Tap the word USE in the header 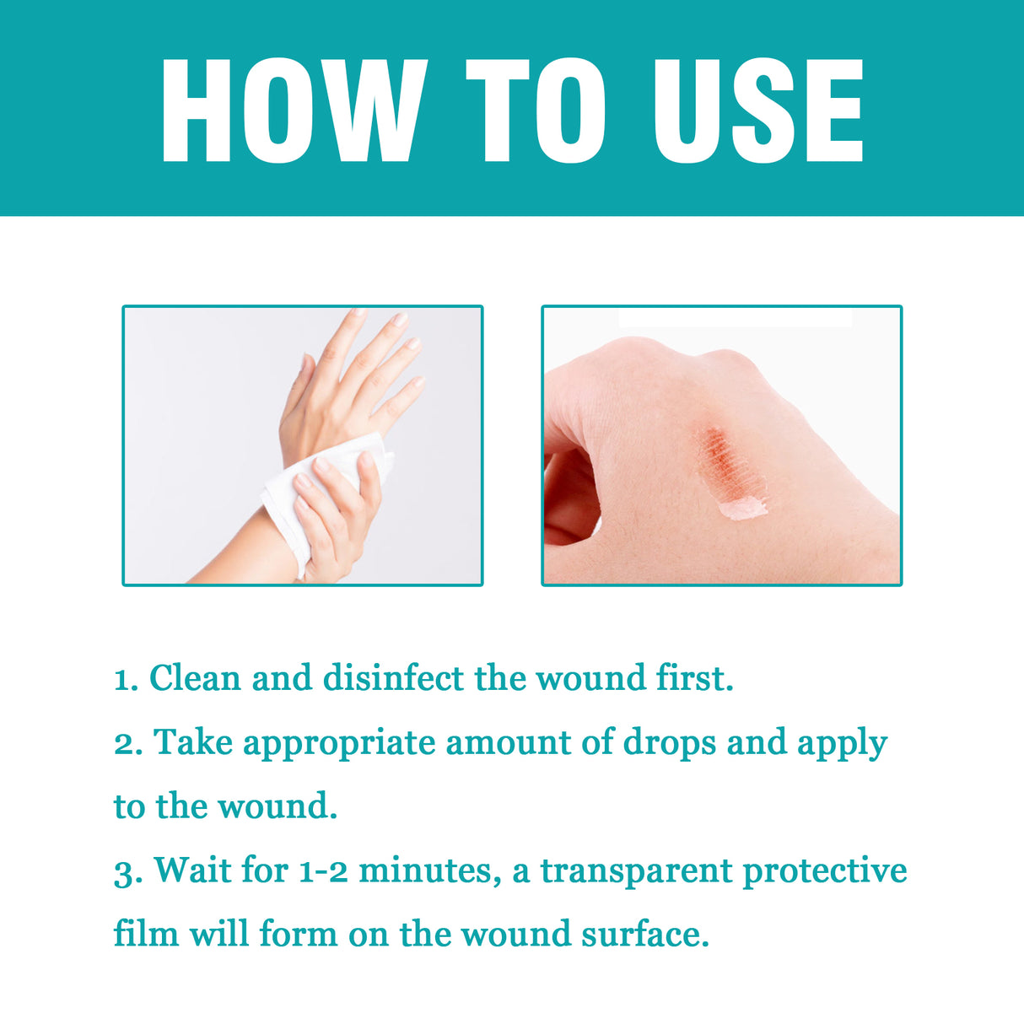pyautogui.click(x=757, y=110)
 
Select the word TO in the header pyautogui.click(x=536, y=110)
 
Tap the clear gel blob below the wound pyautogui.click(x=742, y=508)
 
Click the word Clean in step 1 pyautogui.click(x=195, y=678)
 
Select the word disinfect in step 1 pyautogui.click(x=394, y=678)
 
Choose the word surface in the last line pyautogui.click(x=644, y=934)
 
